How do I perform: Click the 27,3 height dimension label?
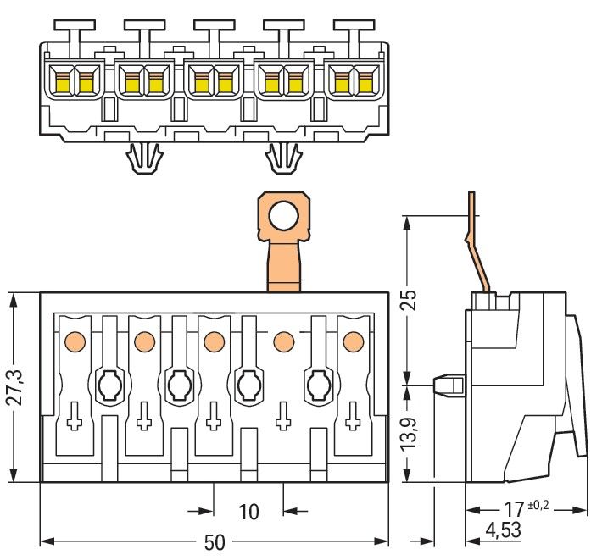[12, 387]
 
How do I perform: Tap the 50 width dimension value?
[215, 542]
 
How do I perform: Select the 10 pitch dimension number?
[248, 512]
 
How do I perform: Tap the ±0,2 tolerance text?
[538, 505]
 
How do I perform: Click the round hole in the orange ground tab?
[286, 216]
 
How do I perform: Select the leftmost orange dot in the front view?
[74, 341]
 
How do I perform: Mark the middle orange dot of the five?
[213, 341]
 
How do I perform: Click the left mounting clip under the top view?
[143, 158]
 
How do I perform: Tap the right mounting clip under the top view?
[285, 158]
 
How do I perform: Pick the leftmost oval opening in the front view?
[109, 386]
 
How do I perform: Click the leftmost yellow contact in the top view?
[61, 82]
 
